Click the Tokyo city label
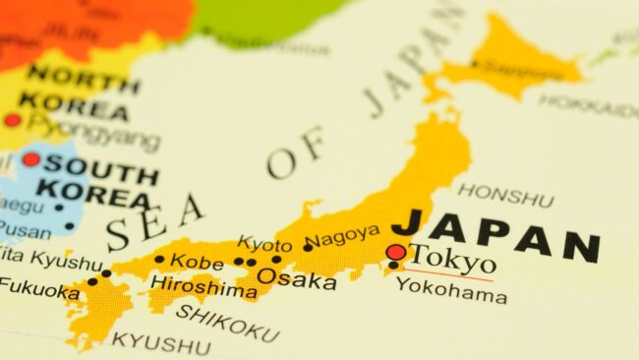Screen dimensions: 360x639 (452, 260)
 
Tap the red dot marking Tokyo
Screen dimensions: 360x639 (395, 253)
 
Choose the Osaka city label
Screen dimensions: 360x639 (296, 279)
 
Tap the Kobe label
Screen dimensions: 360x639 (197, 262)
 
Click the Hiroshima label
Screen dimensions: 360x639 (203, 288)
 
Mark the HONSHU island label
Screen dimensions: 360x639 (505, 195)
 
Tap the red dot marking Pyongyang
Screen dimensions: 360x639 (12, 120)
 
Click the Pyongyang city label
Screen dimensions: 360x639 (93, 130)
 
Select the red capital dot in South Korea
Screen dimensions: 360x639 (30, 158)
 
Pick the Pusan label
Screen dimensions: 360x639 (25, 229)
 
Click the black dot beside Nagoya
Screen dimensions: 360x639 (308, 247)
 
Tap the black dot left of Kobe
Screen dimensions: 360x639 (159, 260)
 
